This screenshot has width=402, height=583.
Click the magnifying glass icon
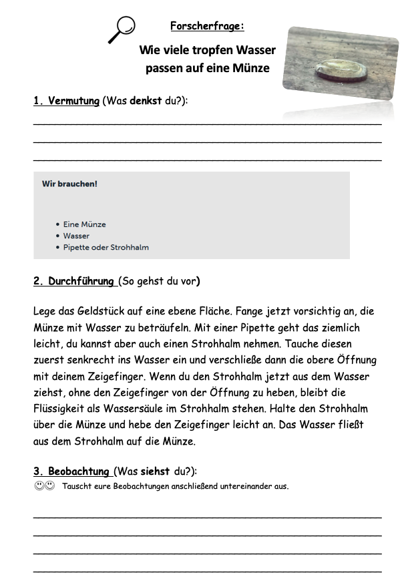pos(122,29)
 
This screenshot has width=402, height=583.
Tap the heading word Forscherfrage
pos(206,27)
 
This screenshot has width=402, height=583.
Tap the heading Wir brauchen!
pos(69,184)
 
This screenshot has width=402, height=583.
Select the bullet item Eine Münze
pos(84,224)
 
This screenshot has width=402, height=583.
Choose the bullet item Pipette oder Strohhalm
pos(106,247)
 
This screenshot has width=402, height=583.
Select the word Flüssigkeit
pos(65,408)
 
